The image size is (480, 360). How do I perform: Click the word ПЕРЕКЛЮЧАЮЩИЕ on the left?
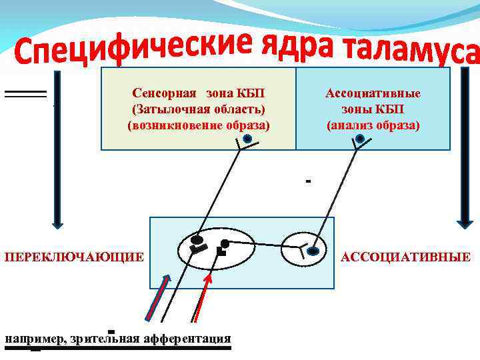[74, 257]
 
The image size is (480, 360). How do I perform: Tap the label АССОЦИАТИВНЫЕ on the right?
[405, 257]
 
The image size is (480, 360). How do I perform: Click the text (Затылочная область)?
[199, 109]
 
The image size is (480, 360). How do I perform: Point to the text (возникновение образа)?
[199, 124]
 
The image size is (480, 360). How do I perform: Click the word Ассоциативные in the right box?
[373, 93]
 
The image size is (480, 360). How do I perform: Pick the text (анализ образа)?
[373, 124]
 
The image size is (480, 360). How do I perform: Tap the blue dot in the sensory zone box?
[247, 139]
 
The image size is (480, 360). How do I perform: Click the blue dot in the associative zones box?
[360, 139]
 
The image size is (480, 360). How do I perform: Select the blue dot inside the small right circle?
[315, 251]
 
